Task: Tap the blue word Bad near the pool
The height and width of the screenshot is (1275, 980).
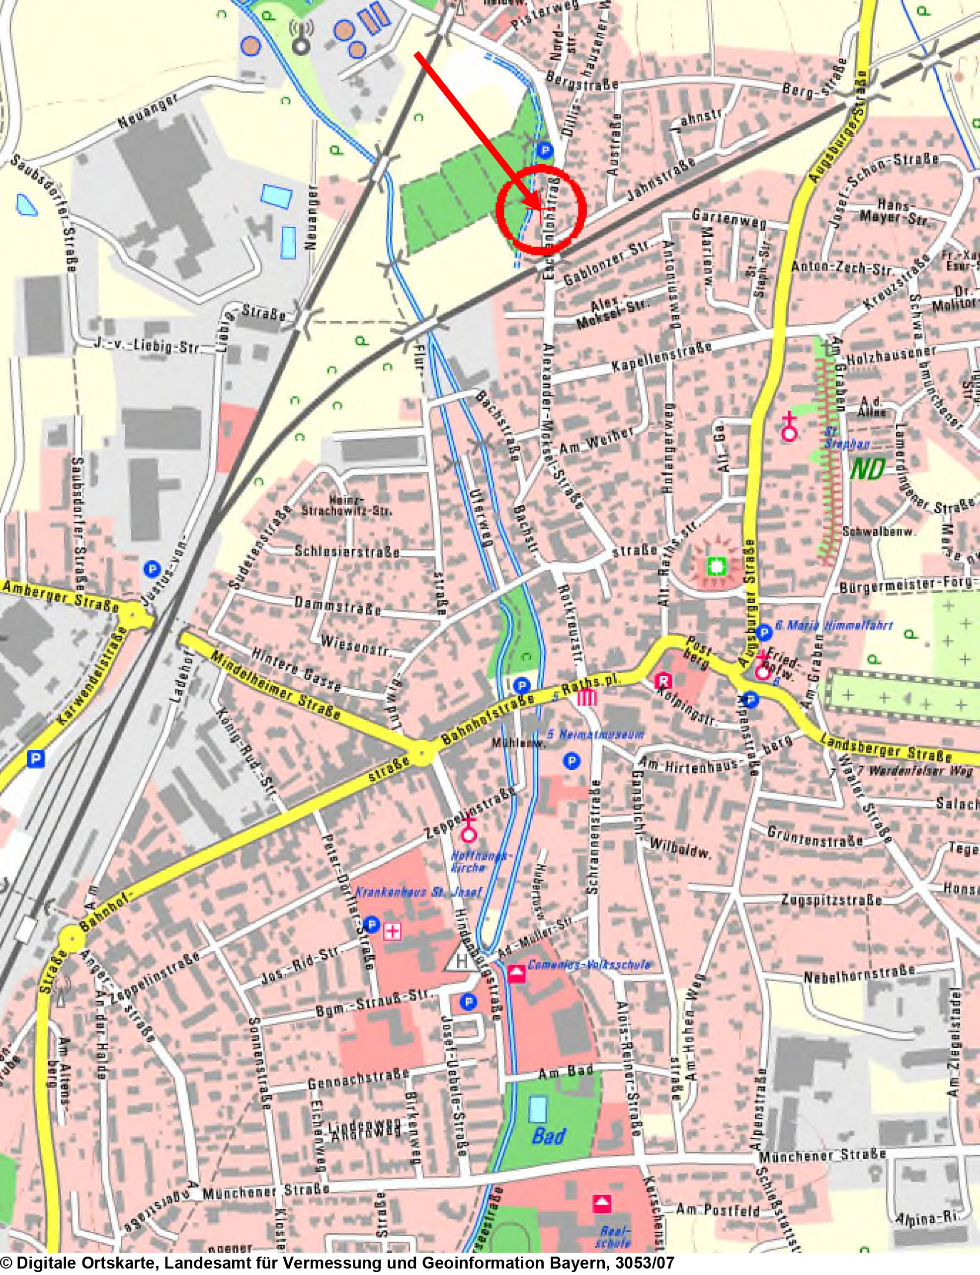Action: pos(548,1137)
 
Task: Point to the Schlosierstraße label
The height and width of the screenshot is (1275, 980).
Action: pos(346,551)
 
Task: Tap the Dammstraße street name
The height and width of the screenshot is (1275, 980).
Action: pos(337,605)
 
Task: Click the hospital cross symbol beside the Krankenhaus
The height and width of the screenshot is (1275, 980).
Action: pos(393,932)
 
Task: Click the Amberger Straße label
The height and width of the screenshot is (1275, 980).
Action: pos(60,594)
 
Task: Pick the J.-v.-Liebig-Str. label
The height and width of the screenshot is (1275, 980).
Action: pos(147,345)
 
